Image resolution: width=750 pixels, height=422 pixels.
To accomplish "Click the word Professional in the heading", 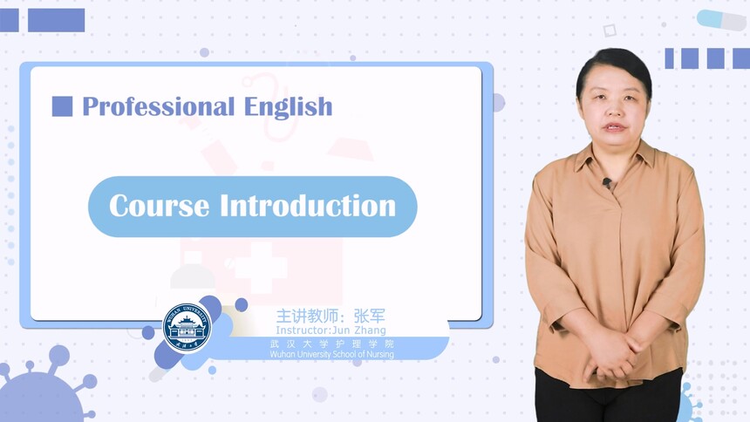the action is pos(159,106).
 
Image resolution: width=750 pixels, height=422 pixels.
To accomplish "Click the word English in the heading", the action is pos(288,106).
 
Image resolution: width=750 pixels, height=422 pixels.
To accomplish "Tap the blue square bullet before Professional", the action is pos(62,106).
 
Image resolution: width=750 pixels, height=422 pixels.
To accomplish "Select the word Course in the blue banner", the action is pos(159,206).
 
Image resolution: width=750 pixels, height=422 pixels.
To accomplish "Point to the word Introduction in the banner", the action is pos(308,206).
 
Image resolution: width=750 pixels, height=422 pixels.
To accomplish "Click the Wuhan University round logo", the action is pos(187,328).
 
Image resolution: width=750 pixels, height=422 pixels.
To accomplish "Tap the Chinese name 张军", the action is pos(369,316).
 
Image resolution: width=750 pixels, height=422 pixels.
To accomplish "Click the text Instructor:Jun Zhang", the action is pos(331,330).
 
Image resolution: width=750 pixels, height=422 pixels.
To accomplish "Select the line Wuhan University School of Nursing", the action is pos(331,355).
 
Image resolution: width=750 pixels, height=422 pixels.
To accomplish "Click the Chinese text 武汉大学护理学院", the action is pos(331,344).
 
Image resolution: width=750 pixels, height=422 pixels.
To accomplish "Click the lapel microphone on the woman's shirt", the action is pos(607,182).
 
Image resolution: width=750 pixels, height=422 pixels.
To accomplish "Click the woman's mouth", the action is pos(615,127).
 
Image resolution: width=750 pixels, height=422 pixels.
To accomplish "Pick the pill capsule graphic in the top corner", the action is pos(721,19).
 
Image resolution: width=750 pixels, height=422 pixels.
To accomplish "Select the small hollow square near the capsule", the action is pos(610,31).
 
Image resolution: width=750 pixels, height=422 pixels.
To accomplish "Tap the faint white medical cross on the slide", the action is pos(261,267).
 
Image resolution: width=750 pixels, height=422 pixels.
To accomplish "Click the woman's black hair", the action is pos(614,67).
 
